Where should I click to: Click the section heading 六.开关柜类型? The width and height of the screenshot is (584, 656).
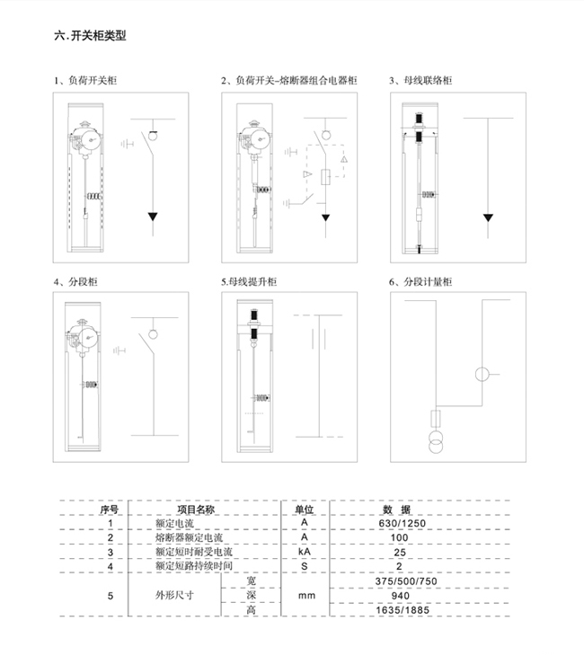pyautogui.click(x=90, y=36)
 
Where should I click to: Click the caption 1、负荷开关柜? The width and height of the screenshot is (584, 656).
pyautogui.click(x=85, y=80)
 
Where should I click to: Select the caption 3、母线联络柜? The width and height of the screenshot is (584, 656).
pyautogui.click(x=420, y=80)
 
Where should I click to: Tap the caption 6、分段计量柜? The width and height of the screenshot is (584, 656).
pyautogui.click(x=420, y=281)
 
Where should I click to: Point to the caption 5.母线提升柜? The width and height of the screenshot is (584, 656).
pyautogui.click(x=249, y=281)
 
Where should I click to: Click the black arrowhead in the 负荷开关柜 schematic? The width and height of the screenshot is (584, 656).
pyautogui.click(x=153, y=217)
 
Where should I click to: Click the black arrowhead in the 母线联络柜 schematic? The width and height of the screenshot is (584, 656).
pyautogui.click(x=488, y=217)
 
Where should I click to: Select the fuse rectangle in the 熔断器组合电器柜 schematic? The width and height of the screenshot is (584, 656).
pyautogui.click(x=326, y=177)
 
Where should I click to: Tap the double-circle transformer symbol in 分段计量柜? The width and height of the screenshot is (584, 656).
pyautogui.click(x=436, y=441)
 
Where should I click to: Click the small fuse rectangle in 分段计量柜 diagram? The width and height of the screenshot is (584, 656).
pyautogui.click(x=436, y=419)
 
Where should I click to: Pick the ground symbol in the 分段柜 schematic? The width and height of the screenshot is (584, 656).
pyautogui.click(x=119, y=350)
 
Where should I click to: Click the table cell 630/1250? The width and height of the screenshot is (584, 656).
pyautogui.click(x=402, y=523)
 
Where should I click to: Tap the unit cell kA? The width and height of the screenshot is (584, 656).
pyautogui.click(x=305, y=552)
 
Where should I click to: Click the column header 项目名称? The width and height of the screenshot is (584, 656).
pyautogui.click(x=196, y=510)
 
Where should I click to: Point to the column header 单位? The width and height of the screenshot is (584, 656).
pyautogui.click(x=305, y=510)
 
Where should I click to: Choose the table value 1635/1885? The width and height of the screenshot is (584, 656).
pyautogui.click(x=403, y=610)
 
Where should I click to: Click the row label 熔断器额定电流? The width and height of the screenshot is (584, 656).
pyautogui.click(x=189, y=537)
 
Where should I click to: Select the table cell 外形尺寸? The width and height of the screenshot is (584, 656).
pyautogui.click(x=174, y=595)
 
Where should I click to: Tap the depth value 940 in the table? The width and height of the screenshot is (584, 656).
pyautogui.click(x=401, y=596)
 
